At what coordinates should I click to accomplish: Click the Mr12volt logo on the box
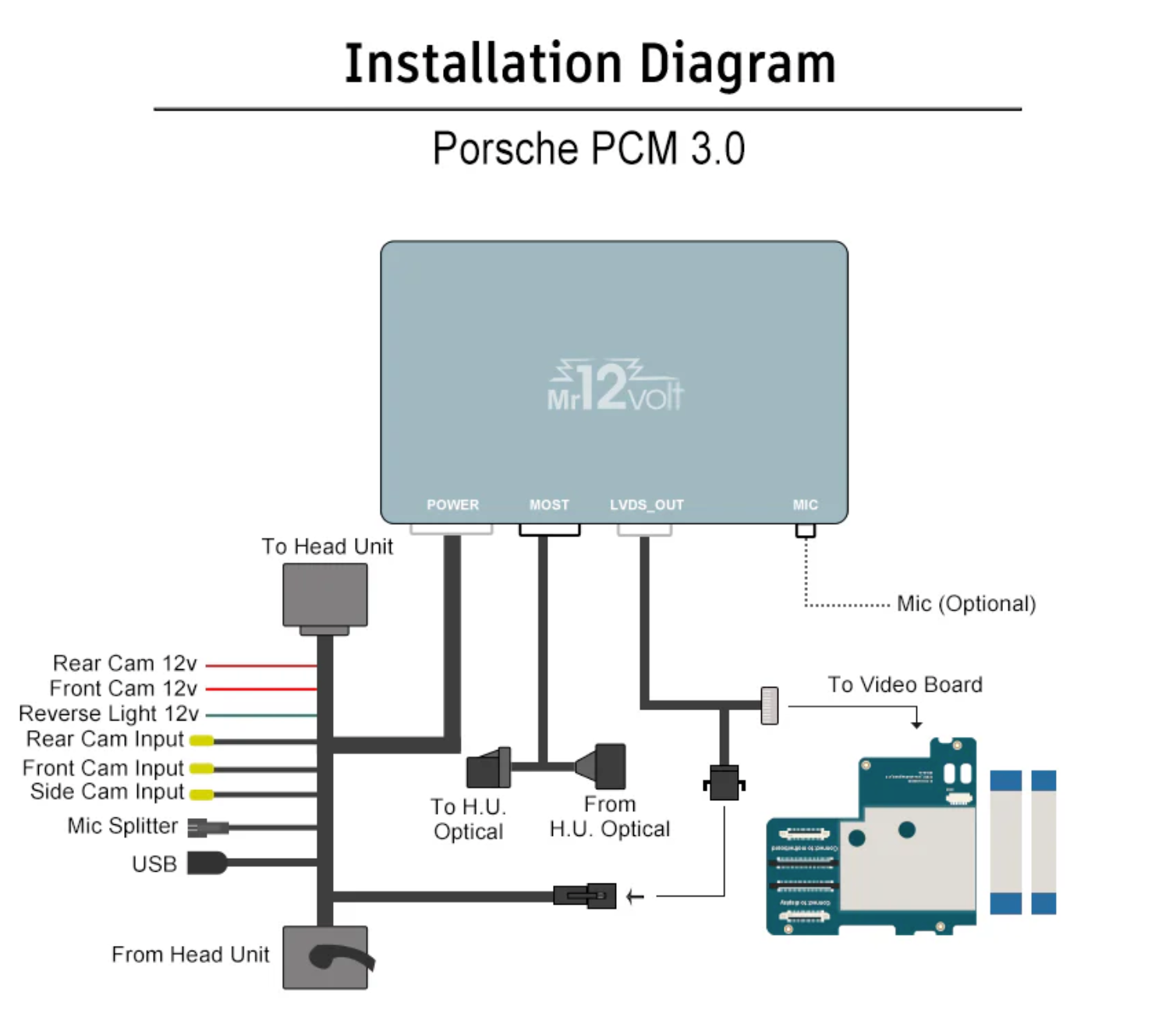pyautogui.click(x=615, y=386)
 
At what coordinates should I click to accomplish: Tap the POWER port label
pyautogui.click(x=452, y=505)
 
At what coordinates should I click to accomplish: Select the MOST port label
pyautogui.click(x=549, y=505)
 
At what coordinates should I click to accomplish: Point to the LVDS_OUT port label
pyautogui.click(x=647, y=505)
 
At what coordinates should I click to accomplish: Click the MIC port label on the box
pyautogui.click(x=805, y=505)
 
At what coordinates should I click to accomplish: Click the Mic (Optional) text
pyautogui.click(x=965, y=604)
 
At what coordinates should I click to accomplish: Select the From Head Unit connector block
pyautogui.click(x=325, y=957)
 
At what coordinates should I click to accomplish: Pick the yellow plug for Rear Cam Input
pyautogui.click(x=202, y=740)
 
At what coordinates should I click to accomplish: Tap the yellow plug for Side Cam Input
pyautogui.click(x=202, y=795)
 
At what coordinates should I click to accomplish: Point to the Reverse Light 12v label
pyautogui.click(x=108, y=714)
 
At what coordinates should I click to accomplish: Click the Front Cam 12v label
pyautogui.click(x=123, y=689)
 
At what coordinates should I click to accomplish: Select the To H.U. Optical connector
pyautogui.click(x=488, y=768)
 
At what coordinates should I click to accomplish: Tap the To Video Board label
pyautogui.click(x=905, y=685)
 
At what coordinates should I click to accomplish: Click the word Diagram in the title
pyautogui.click(x=737, y=64)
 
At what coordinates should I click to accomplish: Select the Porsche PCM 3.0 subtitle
pyautogui.click(x=589, y=148)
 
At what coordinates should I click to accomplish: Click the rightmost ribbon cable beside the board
pyautogui.click(x=1043, y=842)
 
